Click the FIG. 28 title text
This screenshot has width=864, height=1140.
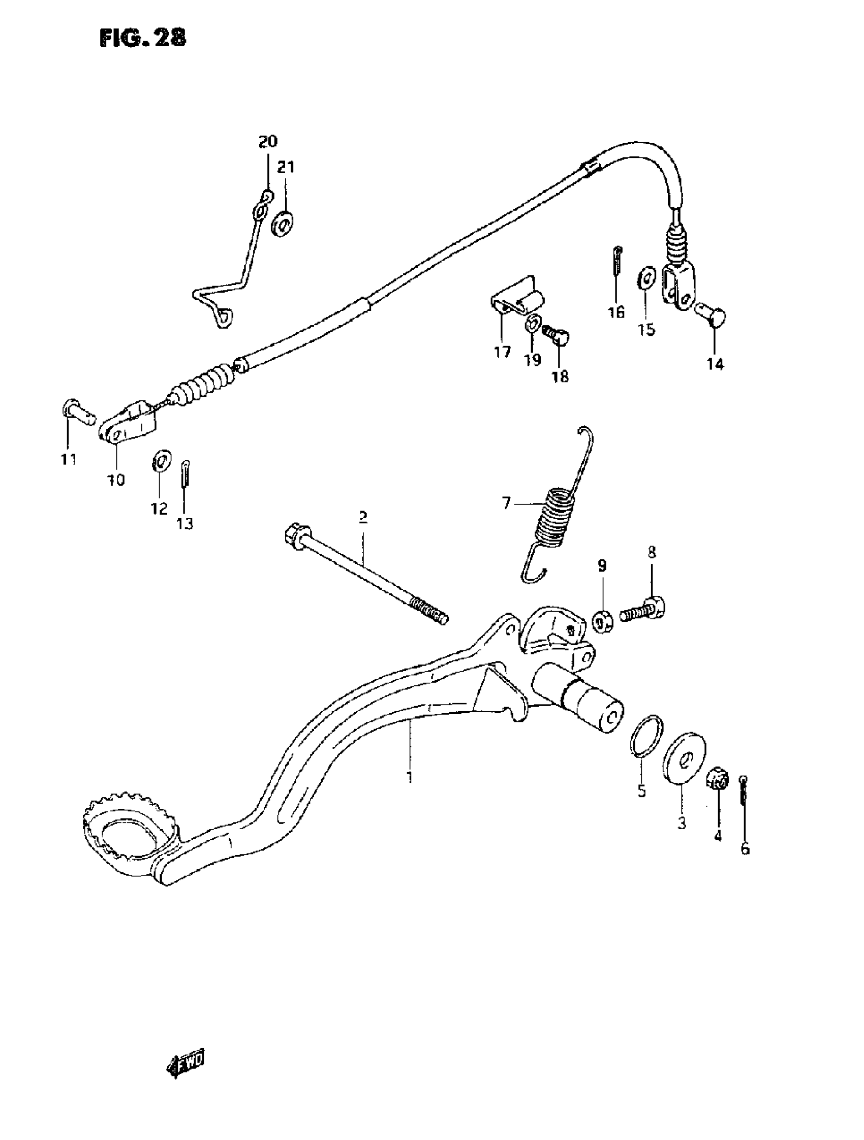point(142,38)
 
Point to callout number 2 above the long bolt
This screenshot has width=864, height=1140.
point(363,517)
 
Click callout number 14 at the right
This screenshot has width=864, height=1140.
point(715,364)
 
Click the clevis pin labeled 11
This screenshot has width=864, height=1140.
point(78,413)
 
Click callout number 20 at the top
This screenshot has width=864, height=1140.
point(267,141)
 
